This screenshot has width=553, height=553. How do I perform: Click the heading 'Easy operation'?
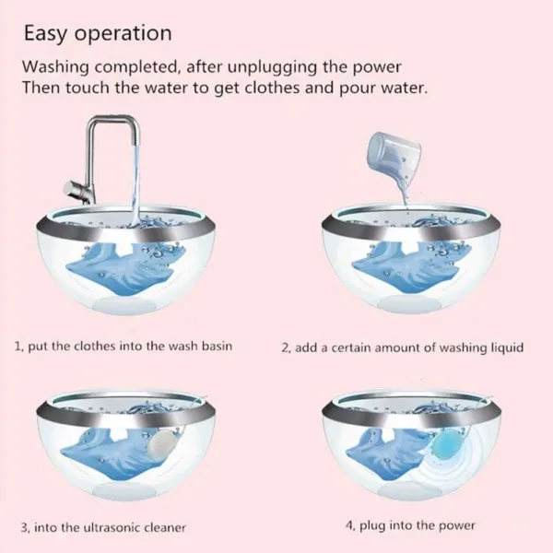(x=97, y=33)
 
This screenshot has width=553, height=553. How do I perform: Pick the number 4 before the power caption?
(x=349, y=525)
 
